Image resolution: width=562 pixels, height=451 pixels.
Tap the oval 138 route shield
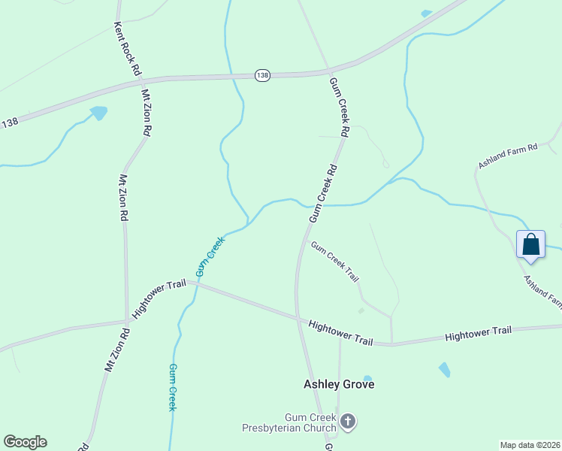pyautogui.click(x=261, y=75)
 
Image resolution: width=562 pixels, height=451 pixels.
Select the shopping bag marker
pyautogui.click(x=530, y=246)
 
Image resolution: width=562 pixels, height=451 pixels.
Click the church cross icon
pyautogui.click(x=347, y=422)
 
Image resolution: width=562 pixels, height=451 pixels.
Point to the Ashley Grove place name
pyautogui.click(x=339, y=384)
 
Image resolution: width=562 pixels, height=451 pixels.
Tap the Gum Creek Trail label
pyautogui.click(x=334, y=262)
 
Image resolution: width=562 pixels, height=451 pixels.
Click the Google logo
pyautogui.click(x=25, y=442)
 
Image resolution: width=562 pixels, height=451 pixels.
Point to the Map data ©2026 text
pyautogui.click(x=529, y=445)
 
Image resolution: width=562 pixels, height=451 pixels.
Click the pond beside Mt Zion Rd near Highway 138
pyautogui.click(x=98, y=114)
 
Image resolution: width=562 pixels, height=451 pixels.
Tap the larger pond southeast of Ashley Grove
pyautogui.click(x=444, y=369)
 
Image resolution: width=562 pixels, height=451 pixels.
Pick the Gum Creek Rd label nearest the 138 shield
pyautogui.click(x=340, y=106)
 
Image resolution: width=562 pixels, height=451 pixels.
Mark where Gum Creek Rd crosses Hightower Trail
pyautogui.click(x=298, y=319)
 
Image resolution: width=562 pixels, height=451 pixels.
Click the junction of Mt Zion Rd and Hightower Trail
pyautogui.click(x=125, y=322)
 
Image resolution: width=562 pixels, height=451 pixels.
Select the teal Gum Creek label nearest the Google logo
pyautogui.click(x=172, y=387)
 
